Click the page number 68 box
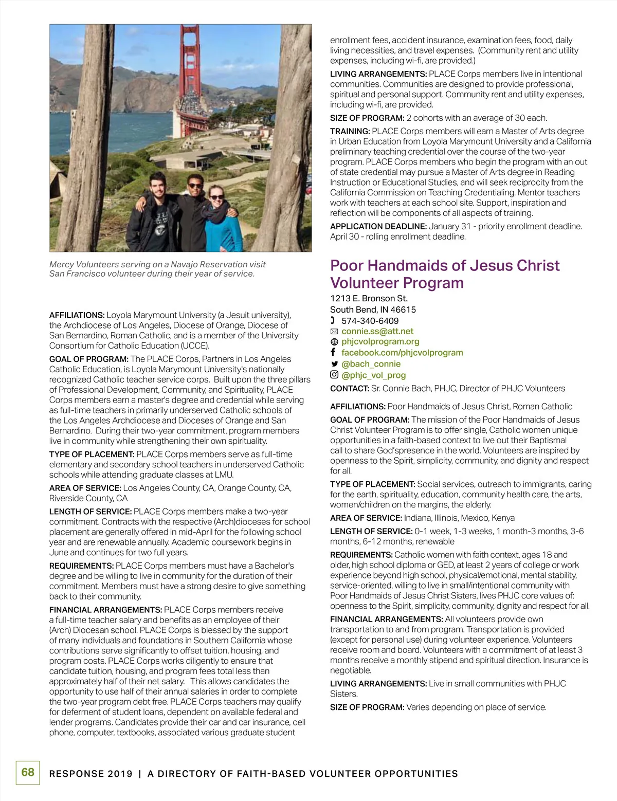click(28, 772)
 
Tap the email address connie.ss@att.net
click(377, 332)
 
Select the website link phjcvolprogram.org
click(380, 341)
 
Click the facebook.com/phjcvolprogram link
click(402, 353)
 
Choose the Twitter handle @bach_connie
click(371, 364)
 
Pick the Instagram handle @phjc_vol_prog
click(373, 375)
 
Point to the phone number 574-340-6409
click(370, 321)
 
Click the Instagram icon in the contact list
click(334, 375)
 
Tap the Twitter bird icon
click(334, 364)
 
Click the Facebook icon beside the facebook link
click(333, 352)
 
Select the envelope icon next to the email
click(334, 332)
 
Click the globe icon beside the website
click(334, 342)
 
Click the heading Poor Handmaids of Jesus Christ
click(445, 266)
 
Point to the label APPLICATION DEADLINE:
click(378, 226)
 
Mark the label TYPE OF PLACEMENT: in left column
click(92, 454)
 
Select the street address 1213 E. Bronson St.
click(369, 299)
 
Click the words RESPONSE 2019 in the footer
click(90, 774)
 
